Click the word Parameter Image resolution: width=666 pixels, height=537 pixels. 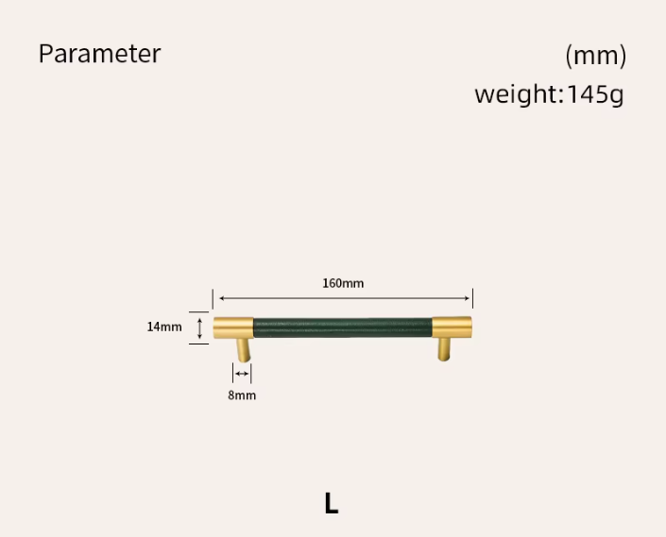(100, 54)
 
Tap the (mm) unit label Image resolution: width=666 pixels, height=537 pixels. (595, 56)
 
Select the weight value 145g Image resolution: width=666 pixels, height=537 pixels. (595, 94)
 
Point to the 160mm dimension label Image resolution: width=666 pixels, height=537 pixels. (343, 283)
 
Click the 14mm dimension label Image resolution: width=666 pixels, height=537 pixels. (164, 327)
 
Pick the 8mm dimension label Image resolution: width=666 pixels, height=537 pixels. (242, 395)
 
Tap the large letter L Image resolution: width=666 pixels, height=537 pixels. (332, 503)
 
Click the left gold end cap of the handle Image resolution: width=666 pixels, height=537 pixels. (233, 327)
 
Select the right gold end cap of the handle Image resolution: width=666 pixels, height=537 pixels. (452, 327)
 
